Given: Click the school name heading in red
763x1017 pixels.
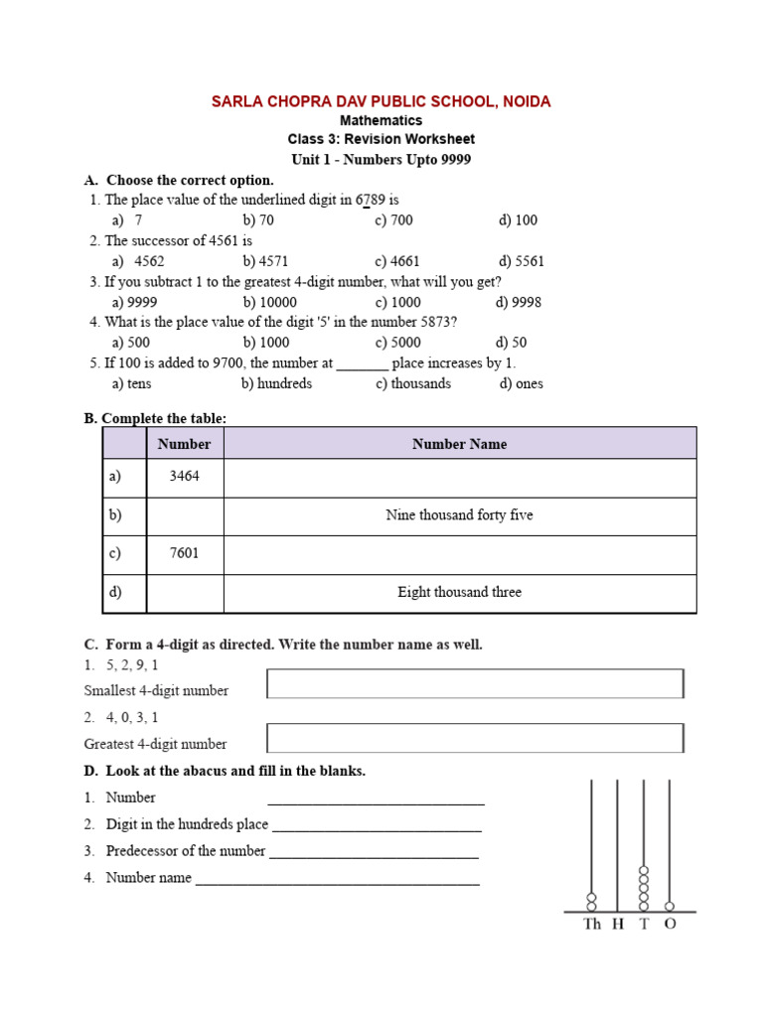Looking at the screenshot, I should pos(381,101).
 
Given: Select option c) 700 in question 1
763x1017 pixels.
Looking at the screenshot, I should pos(393,219).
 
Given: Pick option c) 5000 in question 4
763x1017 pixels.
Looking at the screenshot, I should pos(397,343).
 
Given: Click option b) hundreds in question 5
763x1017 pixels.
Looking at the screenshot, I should pos(276,383).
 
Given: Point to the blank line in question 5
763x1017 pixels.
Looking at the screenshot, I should pos(362,364).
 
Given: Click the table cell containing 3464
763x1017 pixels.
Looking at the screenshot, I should pos(185,477).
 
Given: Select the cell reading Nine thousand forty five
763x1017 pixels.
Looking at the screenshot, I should pos(459,515).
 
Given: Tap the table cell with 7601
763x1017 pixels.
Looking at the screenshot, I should pos(185,553).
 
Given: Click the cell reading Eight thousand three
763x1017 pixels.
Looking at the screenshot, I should pos(459,592).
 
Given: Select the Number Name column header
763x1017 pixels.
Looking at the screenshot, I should pos(459,444).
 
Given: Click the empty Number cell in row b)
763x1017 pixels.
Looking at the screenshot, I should pos(185,515).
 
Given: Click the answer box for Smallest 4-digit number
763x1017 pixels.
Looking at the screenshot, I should pos(475,683).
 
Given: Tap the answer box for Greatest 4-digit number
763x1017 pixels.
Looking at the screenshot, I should pos(475,737).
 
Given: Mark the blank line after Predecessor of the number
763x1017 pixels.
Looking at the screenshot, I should pos(374,853).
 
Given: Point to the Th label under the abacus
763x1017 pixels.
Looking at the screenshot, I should pos(592,924).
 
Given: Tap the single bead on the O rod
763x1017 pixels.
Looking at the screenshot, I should pos(669,906).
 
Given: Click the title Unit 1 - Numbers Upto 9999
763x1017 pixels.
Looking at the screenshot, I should pos(381,159).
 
